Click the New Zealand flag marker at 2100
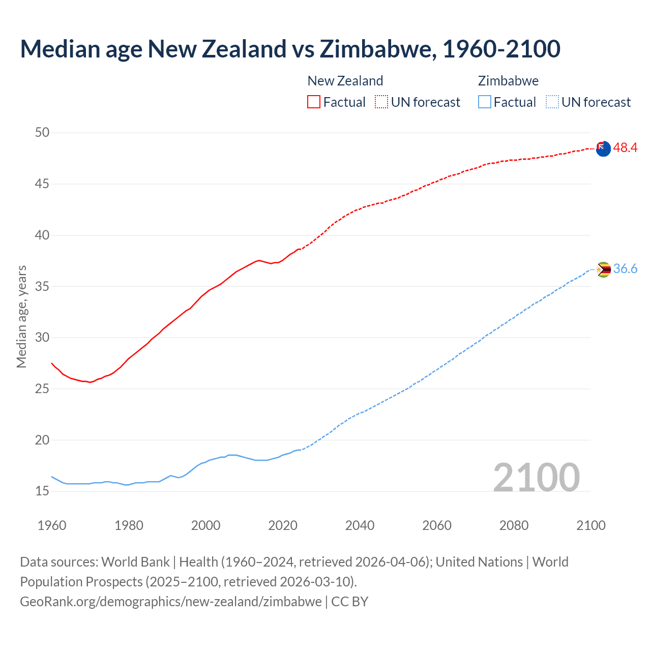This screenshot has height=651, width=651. click(x=603, y=149)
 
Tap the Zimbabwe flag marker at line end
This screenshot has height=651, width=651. click(x=603, y=270)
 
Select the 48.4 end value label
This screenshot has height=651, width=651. click(x=625, y=148)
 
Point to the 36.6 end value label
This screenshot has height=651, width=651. click(x=625, y=269)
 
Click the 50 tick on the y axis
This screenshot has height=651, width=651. click(x=42, y=133)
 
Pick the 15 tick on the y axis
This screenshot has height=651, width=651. click(x=42, y=491)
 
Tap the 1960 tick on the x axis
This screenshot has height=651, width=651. click(x=52, y=525)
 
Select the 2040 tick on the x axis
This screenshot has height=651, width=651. click(x=360, y=525)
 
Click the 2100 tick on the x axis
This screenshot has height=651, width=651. click(x=591, y=525)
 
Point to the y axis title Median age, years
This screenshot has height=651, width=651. click(x=21, y=316)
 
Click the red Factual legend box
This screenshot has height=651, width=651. click(x=314, y=102)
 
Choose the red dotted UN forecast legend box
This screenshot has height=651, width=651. click(x=381, y=102)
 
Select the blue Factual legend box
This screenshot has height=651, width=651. click(x=485, y=102)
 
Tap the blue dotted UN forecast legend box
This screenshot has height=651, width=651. click(x=552, y=102)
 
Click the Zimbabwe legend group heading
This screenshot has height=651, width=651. click(x=508, y=81)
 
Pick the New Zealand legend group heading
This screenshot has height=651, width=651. click(x=345, y=81)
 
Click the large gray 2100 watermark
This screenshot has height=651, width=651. click(x=537, y=478)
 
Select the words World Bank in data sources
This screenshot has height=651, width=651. click(x=135, y=562)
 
